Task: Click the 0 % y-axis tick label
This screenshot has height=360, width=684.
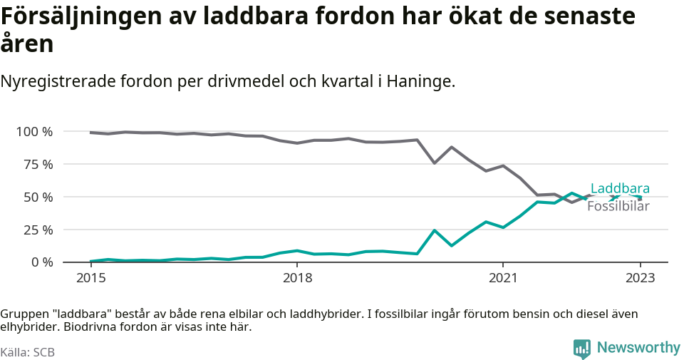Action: coord(41,262)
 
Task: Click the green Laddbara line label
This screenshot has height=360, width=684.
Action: coord(620,189)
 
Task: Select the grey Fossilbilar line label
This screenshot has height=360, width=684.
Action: coord(618,207)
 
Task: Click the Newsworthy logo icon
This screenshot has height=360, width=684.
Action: coord(581,349)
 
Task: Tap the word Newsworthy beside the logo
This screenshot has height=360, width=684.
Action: coord(638,348)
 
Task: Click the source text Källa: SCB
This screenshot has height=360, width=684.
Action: coord(28,352)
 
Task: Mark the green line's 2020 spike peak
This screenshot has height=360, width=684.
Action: coord(435,230)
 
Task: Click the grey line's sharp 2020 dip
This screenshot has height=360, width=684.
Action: coord(435,163)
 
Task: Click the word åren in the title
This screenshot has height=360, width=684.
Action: coord(27,45)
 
